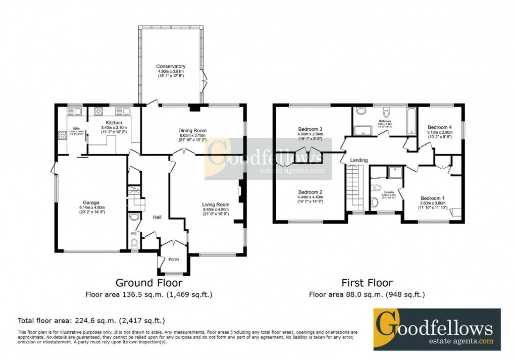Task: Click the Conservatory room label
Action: click(171, 67)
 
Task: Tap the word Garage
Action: click(77, 202)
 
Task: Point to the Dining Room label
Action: click(193, 130)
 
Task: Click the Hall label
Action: click(157, 217)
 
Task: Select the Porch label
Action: click(174, 260)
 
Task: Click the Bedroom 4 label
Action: click(439, 127)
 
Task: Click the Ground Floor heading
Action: click(149, 283)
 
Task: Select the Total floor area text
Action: click(91, 321)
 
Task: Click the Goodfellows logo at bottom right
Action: click(437, 329)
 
